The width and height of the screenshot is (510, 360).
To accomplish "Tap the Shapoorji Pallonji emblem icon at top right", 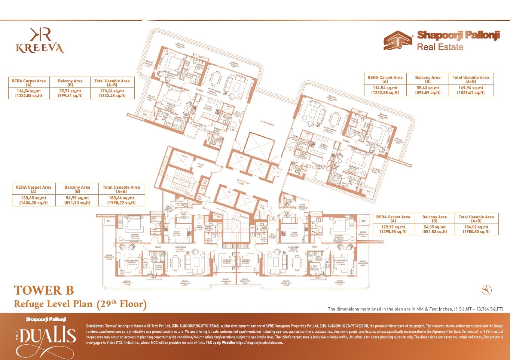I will tap(397, 40).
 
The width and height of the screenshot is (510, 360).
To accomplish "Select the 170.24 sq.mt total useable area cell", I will tap(112, 93).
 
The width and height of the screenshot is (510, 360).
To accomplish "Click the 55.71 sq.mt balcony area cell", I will tap(70, 93).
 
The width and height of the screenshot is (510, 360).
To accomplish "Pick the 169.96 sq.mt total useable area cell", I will tap(471, 90).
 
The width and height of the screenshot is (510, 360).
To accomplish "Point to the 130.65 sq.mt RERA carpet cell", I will tap(34, 200).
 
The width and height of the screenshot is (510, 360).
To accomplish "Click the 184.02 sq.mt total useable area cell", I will tap(476, 229).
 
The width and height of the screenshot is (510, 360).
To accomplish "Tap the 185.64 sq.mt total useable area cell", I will tap(121, 200).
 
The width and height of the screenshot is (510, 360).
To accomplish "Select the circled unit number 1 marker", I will tap(233, 128).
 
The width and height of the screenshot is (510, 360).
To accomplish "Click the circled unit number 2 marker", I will tap(290, 148).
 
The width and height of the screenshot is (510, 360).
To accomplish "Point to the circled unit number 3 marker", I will tap(273, 218).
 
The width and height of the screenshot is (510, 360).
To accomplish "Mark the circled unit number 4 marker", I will tap(200, 216).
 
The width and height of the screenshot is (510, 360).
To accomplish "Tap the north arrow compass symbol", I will tap(486, 290).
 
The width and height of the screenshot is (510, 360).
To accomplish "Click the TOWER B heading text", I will tap(44, 290).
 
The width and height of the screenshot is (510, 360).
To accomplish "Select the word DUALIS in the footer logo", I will tap(48, 335).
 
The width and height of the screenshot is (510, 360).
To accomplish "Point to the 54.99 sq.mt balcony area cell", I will tap(77, 200).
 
